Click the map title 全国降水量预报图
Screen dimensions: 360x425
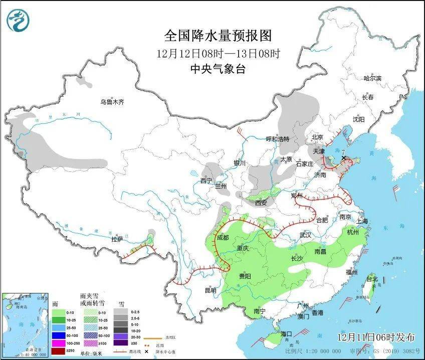click(x=218, y=36)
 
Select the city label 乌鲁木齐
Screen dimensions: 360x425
click(x=111, y=102)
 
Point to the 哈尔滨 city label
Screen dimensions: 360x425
click(x=372, y=78)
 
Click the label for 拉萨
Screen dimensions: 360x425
click(x=117, y=240)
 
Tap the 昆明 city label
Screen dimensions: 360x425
click(x=210, y=290)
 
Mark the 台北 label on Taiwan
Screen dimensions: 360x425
click(x=371, y=278)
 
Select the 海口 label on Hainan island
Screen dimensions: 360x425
click(x=286, y=334)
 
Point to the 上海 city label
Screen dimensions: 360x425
click(x=361, y=221)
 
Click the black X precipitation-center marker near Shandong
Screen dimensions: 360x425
click(x=344, y=158)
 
